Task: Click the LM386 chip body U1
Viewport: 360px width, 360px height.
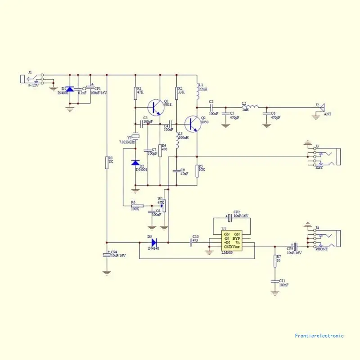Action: [x=232, y=240]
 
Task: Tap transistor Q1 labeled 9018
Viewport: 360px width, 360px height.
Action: [x=156, y=107]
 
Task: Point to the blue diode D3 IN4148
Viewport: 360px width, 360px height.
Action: [x=154, y=242]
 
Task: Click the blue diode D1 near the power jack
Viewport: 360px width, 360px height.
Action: [x=70, y=90]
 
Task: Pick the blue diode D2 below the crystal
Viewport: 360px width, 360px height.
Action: [x=135, y=163]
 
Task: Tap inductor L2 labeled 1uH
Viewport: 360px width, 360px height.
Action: [x=252, y=107]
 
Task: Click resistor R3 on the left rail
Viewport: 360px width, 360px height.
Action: [x=107, y=162]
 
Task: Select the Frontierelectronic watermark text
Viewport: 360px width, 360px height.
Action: [x=319, y=336]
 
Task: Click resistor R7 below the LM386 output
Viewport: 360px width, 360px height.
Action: [x=275, y=261]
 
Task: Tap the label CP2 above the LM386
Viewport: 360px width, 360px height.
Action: [x=237, y=211]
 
